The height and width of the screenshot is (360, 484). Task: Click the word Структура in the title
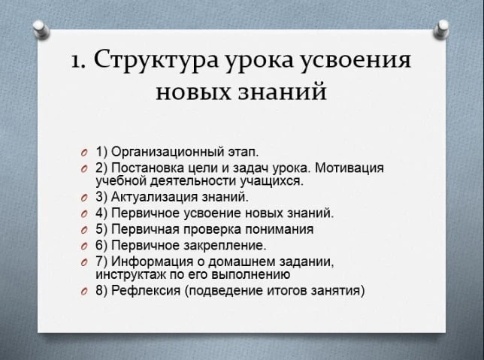pos(156,60)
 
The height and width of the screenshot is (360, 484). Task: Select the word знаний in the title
pos(283,92)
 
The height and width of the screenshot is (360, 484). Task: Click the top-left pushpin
pos(41,29)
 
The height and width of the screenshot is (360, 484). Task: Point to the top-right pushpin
pos(441,29)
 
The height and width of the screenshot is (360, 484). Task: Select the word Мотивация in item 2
pos(349,168)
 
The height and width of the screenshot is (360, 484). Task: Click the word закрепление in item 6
pos(225,246)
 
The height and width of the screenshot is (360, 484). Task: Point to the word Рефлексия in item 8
pos(146,291)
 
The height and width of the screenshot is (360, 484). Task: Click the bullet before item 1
pos(83,153)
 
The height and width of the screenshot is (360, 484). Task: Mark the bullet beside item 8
pos(83,292)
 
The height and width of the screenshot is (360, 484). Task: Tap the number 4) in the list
pos(101,213)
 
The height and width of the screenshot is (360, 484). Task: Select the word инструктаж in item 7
pos(131,274)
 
